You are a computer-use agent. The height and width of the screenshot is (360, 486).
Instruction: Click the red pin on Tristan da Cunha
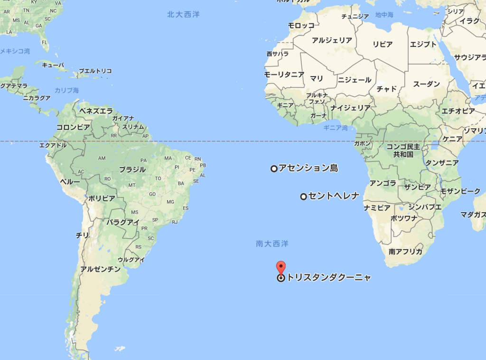(281, 267)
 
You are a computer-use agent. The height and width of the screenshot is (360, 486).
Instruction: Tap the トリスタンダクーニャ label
(328, 278)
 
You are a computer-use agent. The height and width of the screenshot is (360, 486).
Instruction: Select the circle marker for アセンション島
(274, 169)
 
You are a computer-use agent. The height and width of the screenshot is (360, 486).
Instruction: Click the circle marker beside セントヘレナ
(303, 197)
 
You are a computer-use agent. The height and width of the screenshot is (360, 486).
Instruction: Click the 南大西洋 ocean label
(272, 244)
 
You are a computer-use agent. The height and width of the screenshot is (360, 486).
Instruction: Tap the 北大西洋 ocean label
(183, 14)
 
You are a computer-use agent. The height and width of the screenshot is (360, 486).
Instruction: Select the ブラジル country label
(132, 170)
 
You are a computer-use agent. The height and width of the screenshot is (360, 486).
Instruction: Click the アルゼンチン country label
(100, 269)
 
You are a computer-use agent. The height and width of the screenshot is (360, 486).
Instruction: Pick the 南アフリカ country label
(405, 252)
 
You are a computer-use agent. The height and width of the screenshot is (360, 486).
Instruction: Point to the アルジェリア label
(332, 40)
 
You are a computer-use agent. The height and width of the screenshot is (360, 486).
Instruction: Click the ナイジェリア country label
(351, 108)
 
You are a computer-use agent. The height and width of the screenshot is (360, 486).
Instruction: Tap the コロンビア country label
(73, 127)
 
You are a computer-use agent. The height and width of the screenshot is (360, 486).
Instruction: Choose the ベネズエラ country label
(96, 111)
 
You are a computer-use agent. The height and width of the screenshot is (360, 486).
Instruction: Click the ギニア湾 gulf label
(336, 128)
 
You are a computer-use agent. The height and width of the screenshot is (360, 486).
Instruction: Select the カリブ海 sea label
(66, 90)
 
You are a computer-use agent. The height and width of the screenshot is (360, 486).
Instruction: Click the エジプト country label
(423, 45)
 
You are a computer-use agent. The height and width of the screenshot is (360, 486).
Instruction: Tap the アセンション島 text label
(308, 168)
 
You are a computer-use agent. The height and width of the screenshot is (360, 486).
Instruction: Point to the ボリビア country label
(101, 198)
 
